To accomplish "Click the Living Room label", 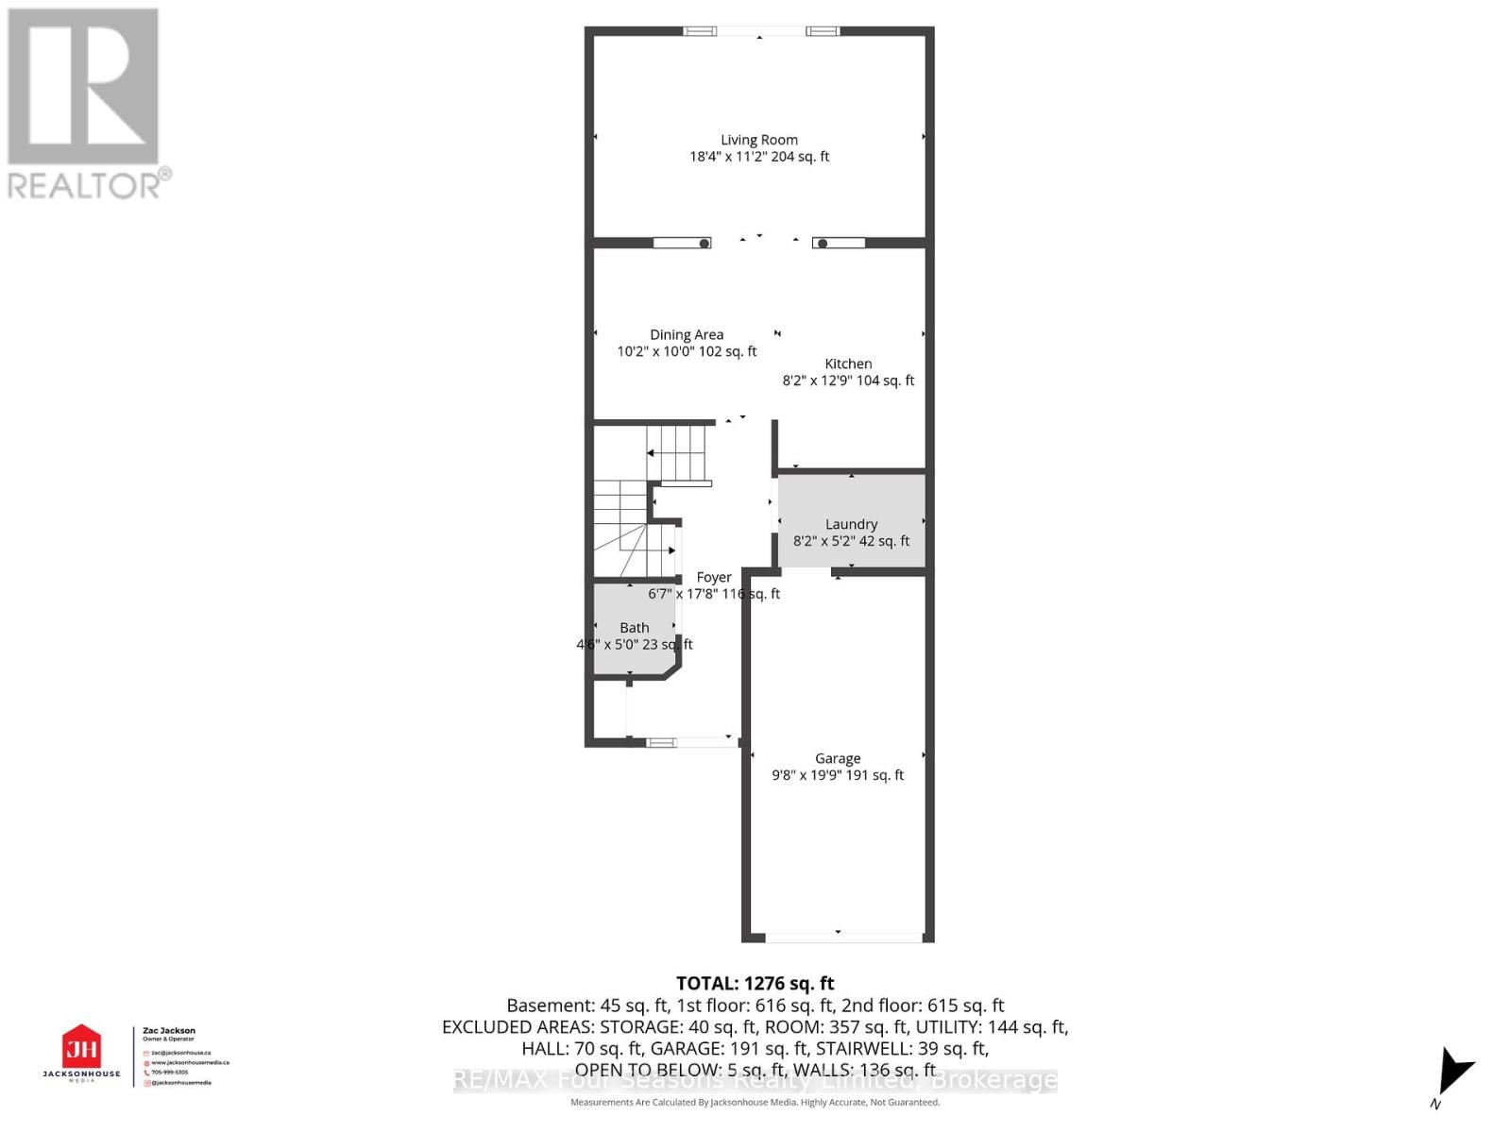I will tap(758, 140).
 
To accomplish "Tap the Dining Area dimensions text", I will tap(687, 351).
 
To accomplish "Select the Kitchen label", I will tap(848, 364).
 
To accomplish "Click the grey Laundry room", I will tap(851, 500).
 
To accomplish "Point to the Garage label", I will tap(838, 758).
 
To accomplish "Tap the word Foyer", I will tap(714, 577).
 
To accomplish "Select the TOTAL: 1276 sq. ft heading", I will tap(755, 983).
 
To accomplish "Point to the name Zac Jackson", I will tap(169, 1031).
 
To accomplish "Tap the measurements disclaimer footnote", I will tap(755, 1103).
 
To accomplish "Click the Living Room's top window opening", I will tap(761, 31).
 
